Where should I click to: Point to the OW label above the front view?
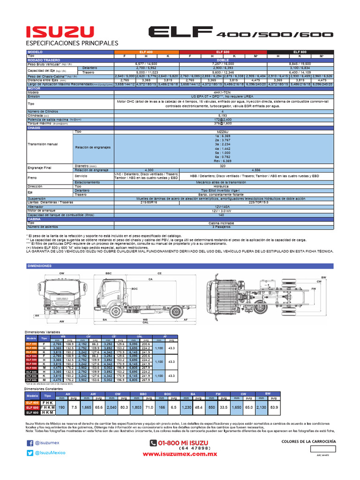(x=61, y=273)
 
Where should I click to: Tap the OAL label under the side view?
(x=146, y=322)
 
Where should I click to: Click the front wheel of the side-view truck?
(x=115, y=312)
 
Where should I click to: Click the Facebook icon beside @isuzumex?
(x=30, y=443)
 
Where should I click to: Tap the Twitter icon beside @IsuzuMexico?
(x=30, y=453)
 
